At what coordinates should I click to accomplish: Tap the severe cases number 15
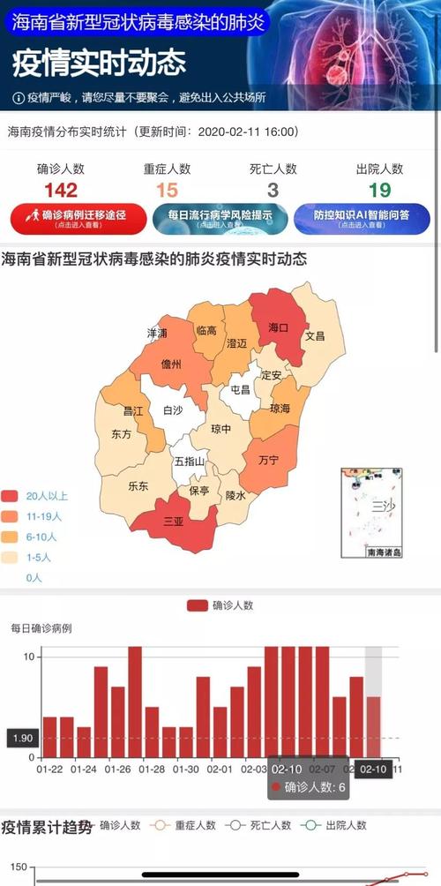[167, 190]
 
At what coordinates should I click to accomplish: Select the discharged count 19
[379, 190]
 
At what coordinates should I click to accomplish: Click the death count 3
[273, 190]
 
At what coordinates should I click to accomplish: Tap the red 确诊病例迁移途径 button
[78, 218]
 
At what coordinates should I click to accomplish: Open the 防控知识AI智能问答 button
[362, 218]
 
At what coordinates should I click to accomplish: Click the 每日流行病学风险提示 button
[220, 218]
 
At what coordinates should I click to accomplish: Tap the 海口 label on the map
[278, 327]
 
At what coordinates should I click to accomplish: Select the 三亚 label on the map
[173, 522]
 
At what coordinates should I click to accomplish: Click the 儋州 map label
[171, 364]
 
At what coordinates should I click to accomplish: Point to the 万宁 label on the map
[268, 461]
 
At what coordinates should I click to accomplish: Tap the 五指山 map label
[188, 462]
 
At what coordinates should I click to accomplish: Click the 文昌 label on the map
[315, 336]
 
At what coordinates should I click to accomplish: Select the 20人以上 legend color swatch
[11, 496]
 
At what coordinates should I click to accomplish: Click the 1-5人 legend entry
[35, 557]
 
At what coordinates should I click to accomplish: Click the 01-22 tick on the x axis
[49, 770]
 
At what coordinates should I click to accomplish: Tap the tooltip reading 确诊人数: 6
[308, 787]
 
